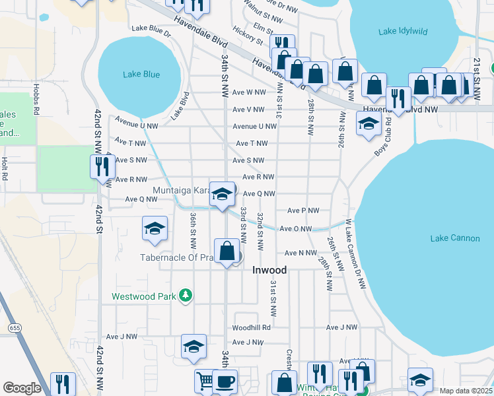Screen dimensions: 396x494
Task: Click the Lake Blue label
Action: click(141, 75)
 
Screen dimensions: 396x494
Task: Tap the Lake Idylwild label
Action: click(402, 31)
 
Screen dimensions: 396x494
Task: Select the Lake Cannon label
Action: click(454, 238)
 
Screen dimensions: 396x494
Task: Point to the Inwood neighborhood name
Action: click(270, 271)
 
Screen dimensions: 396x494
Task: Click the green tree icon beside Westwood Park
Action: click(187, 296)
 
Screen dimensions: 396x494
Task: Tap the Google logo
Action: click(22, 388)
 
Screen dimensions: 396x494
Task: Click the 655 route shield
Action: click(14, 327)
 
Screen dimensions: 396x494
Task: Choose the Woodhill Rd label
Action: click(251, 327)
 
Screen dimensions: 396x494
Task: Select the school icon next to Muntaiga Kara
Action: click(223, 194)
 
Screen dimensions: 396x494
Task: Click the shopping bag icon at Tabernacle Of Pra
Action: click(227, 251)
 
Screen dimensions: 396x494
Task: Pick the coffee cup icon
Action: click(225, 381)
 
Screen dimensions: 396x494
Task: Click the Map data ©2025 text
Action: click(466, 391)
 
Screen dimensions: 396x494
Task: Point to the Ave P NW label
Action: click(303, 211)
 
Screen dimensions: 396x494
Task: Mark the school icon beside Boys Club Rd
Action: click(369, 122)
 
